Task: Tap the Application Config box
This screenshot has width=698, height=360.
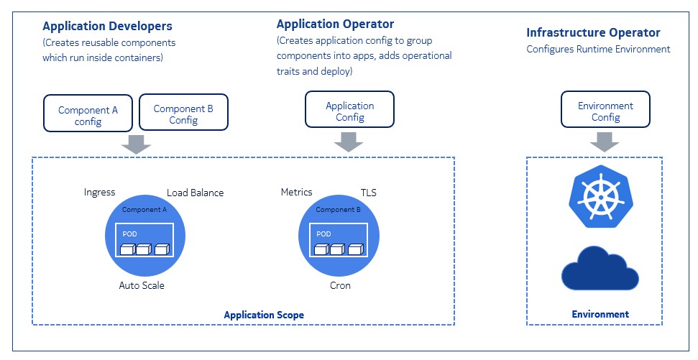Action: pos(349,111)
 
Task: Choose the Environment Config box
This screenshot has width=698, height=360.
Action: pos(605,111)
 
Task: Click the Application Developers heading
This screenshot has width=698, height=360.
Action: pos(107,27)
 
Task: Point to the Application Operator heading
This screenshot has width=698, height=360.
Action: pos(335,24)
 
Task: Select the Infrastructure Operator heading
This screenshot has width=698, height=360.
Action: pos(593,33)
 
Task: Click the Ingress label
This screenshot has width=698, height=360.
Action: pos(99,193)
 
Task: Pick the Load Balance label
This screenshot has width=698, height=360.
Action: pos(195,193)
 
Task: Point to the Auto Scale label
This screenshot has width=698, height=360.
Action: pos(142,285)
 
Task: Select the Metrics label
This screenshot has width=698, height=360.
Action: pos(296,192)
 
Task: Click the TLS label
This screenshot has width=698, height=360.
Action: pos(368,193)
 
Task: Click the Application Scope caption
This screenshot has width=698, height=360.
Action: pos(264,315)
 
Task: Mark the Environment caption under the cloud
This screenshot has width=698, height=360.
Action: pos(600,314)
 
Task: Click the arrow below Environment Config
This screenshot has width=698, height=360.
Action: pos(605,142)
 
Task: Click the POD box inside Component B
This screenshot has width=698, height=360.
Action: pos(338,240)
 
